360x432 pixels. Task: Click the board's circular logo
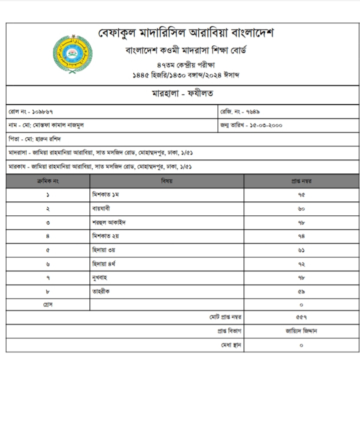tap(72, 53)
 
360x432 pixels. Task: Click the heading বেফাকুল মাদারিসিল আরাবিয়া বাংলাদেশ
tap(185, 34)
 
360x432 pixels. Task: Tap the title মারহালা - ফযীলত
tap(182, 94)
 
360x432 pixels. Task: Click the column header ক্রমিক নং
tap(48, 181)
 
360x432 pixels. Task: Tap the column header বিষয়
tap(166, 181)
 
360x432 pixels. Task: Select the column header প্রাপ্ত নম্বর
tap(301, 181)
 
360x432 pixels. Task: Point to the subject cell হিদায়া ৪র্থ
tap(104, 263)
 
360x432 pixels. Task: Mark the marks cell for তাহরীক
tap(301, 290)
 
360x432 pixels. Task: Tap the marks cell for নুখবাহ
tap(301, 277)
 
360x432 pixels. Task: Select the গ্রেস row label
tap(48, 304)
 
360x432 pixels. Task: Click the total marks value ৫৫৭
tap(301, 317)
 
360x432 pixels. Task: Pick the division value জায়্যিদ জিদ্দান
tap(301, 331)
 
